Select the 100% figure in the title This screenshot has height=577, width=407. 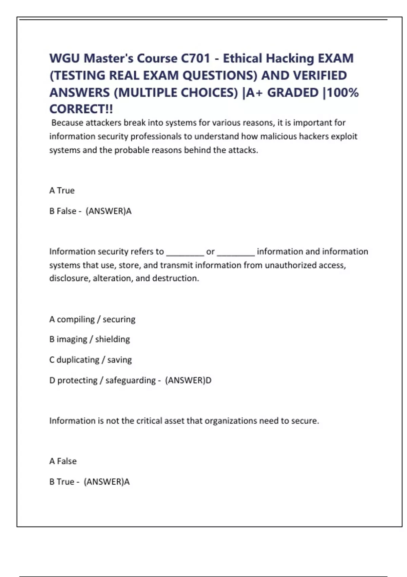coord(343,92)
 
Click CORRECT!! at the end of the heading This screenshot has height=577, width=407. coord(81,109)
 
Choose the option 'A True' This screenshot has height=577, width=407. coord(62,190)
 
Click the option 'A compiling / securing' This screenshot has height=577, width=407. coord(92,319)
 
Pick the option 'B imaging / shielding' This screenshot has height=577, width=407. coord(90,339)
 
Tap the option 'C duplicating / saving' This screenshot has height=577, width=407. coord(91,360)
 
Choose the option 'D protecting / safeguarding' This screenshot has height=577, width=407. coord(102,380)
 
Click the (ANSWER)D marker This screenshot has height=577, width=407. coord(188,380)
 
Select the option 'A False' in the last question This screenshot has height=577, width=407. coord(63,461)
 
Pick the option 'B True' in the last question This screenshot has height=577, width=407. coord(62,482)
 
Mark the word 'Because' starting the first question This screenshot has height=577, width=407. coord(67,123)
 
